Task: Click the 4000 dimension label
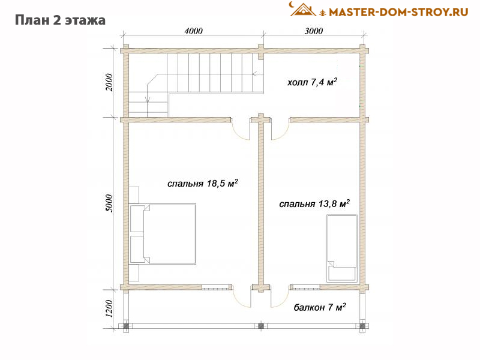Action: [193, 31]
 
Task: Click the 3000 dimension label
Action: [313, 31]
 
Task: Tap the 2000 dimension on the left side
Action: [109, 82]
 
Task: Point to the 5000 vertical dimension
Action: [109, 203]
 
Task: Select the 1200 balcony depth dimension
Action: [109, 308]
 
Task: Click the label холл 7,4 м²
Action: [312, 82]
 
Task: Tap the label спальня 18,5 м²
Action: [203, 183]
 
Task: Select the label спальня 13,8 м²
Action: [314, 203]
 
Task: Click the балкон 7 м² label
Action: [320, 307]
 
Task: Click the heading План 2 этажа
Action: [61, 20]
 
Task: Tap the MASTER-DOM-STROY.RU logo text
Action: [398, 12]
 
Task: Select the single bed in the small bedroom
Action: [342, 248]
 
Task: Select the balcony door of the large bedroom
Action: [242, 298]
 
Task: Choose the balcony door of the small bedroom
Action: [280, 298]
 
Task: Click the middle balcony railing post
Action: [261, 326]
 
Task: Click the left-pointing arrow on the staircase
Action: [258, 74]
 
